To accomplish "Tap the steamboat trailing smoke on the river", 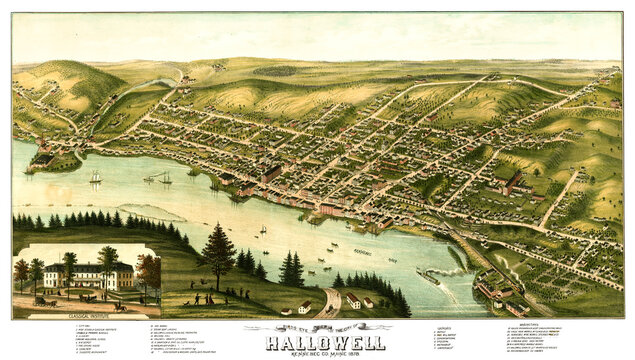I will [x=428, y=277].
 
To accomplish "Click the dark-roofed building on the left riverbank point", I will [x=43, y=159].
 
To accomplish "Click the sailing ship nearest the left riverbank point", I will [x=96, y=178].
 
